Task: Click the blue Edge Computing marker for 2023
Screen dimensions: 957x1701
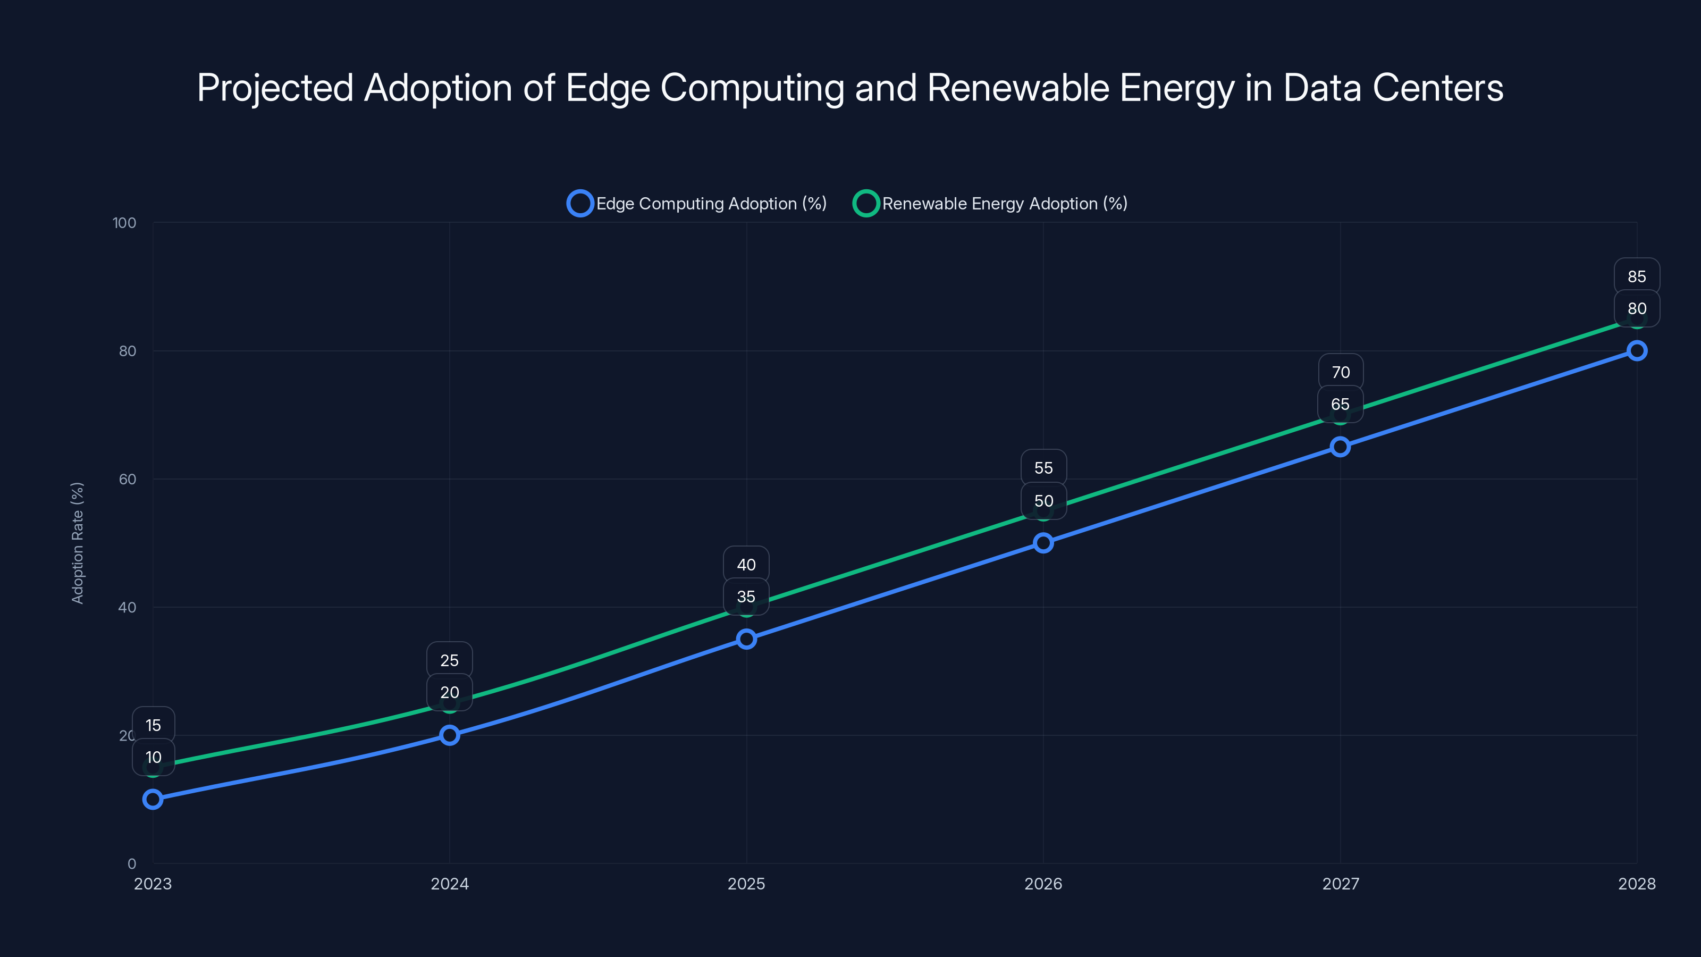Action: (153, 799)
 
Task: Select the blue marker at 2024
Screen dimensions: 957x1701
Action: (450, 735)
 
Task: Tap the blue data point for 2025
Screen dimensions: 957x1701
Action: (746, 639)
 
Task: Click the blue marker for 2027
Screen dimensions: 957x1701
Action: (1340, 447)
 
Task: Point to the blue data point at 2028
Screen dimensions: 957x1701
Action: (1636, 351)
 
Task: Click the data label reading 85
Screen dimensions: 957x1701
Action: (1636, 276)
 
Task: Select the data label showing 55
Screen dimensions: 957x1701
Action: (1043, 468)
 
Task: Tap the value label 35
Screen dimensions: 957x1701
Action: (746, 597)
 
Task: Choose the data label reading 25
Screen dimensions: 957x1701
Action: (450, 660)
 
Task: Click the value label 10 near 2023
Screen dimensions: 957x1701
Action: (153, 757)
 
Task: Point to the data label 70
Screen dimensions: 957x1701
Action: (1341, 373)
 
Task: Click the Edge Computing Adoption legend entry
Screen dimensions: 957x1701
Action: (697, 204)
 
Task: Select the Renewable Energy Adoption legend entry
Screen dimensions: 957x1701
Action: (990, 204)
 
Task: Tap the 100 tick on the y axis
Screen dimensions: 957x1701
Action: (124, 223)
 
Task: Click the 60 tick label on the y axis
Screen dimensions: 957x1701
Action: (128, 480)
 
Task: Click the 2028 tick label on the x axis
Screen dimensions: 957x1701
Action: (1636, 884)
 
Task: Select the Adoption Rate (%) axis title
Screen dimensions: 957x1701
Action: (77, 543)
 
